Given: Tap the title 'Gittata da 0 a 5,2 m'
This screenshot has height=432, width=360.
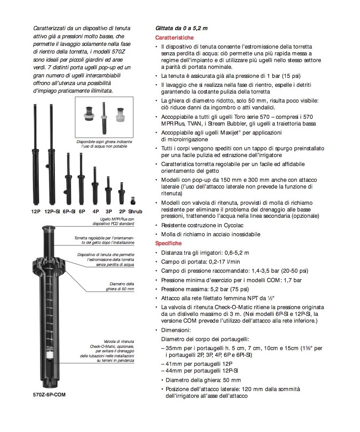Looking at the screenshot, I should pyautogui.click(x=181, y=28).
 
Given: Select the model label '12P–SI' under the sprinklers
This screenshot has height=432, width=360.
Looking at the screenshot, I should pyautogui.click(x=52, y=211).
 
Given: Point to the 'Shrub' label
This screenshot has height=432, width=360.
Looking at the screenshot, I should pyautogui.click(x=135, y=211).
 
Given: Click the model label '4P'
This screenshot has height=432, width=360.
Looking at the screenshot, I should pyautogui.click(x=95, y=211).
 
